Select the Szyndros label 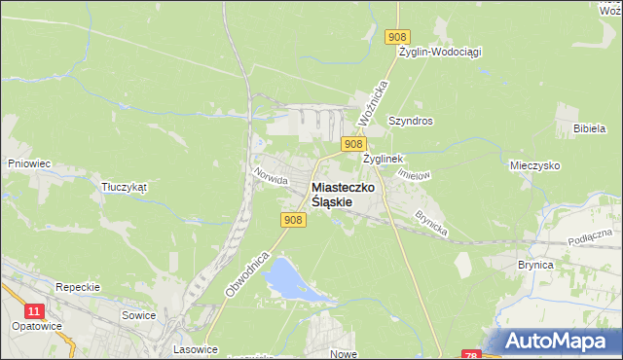(x=410, y=122)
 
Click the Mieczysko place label (x=534, y=166)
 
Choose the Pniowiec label (x=28, y=164)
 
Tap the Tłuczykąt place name (x=123, y=187)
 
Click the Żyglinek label (x=383, y=158)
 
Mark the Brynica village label (x=535, y=265)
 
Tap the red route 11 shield (x=35, y=310)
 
